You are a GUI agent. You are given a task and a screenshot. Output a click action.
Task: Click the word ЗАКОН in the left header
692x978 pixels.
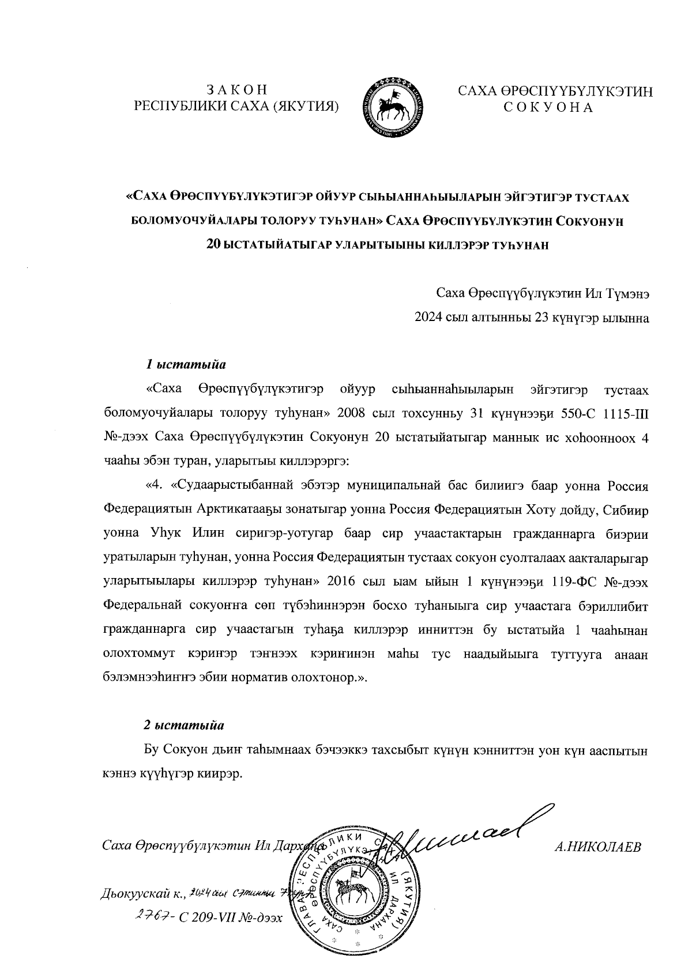pos(236,90)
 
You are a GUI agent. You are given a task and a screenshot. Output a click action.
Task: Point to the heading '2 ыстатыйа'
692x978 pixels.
pos(185,724)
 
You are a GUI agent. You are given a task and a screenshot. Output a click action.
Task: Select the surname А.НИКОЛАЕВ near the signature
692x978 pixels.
pos(597,846)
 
